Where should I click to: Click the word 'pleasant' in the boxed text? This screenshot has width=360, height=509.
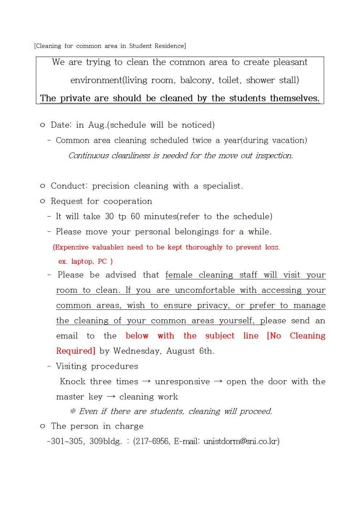pos(290,62)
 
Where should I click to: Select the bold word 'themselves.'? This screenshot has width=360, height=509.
pos(295,98)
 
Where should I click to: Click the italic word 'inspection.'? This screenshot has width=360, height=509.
pos(274,156)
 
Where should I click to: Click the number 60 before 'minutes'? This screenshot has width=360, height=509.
pos(135,217)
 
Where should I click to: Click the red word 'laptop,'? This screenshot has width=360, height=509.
pos(83,262)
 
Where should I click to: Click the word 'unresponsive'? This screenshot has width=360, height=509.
pos(182,382)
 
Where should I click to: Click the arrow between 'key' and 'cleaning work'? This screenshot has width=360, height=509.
pos(111,397)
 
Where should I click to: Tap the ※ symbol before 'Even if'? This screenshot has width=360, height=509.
pos(73,411)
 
